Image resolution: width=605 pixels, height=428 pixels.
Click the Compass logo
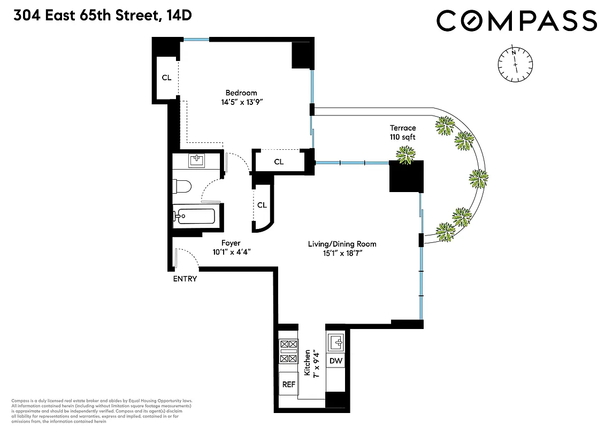(516, 21)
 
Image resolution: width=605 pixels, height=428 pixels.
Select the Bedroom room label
(241, 93)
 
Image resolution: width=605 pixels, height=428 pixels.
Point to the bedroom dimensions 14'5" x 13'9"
(241, 102)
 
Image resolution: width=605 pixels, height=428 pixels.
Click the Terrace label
(402, 128)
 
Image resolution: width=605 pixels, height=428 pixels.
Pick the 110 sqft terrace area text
(402, 137)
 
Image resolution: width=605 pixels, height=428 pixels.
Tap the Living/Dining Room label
(342, 244)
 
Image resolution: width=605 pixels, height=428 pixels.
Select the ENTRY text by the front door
(185, 279)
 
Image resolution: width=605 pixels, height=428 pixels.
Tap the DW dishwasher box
(335, 361)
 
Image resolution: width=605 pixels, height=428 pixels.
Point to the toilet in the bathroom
(182, 186)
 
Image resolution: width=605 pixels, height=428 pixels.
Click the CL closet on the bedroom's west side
(166, 78)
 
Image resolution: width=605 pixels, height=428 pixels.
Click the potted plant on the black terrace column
(405, 154)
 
